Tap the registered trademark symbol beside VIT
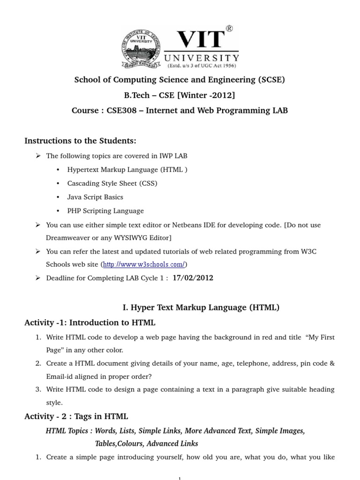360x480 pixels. [x=229, y=29]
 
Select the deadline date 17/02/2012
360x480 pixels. [x=193, y=278]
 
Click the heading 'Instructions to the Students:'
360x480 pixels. [x=80, y=141]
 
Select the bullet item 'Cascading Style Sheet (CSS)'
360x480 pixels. [x=112, y=183]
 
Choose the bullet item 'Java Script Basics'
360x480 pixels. [x=95, y=197]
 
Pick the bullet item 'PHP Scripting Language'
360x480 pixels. [x=105, y=211]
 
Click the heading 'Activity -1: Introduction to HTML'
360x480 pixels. [x=90, y=322]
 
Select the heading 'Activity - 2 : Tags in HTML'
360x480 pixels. [x=76, y=416]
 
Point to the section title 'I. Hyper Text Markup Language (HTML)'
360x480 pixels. [x=201, y=307]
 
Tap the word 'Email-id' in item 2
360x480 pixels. [x=59, y=376]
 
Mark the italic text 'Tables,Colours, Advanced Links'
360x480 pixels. [x=146, y=443]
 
